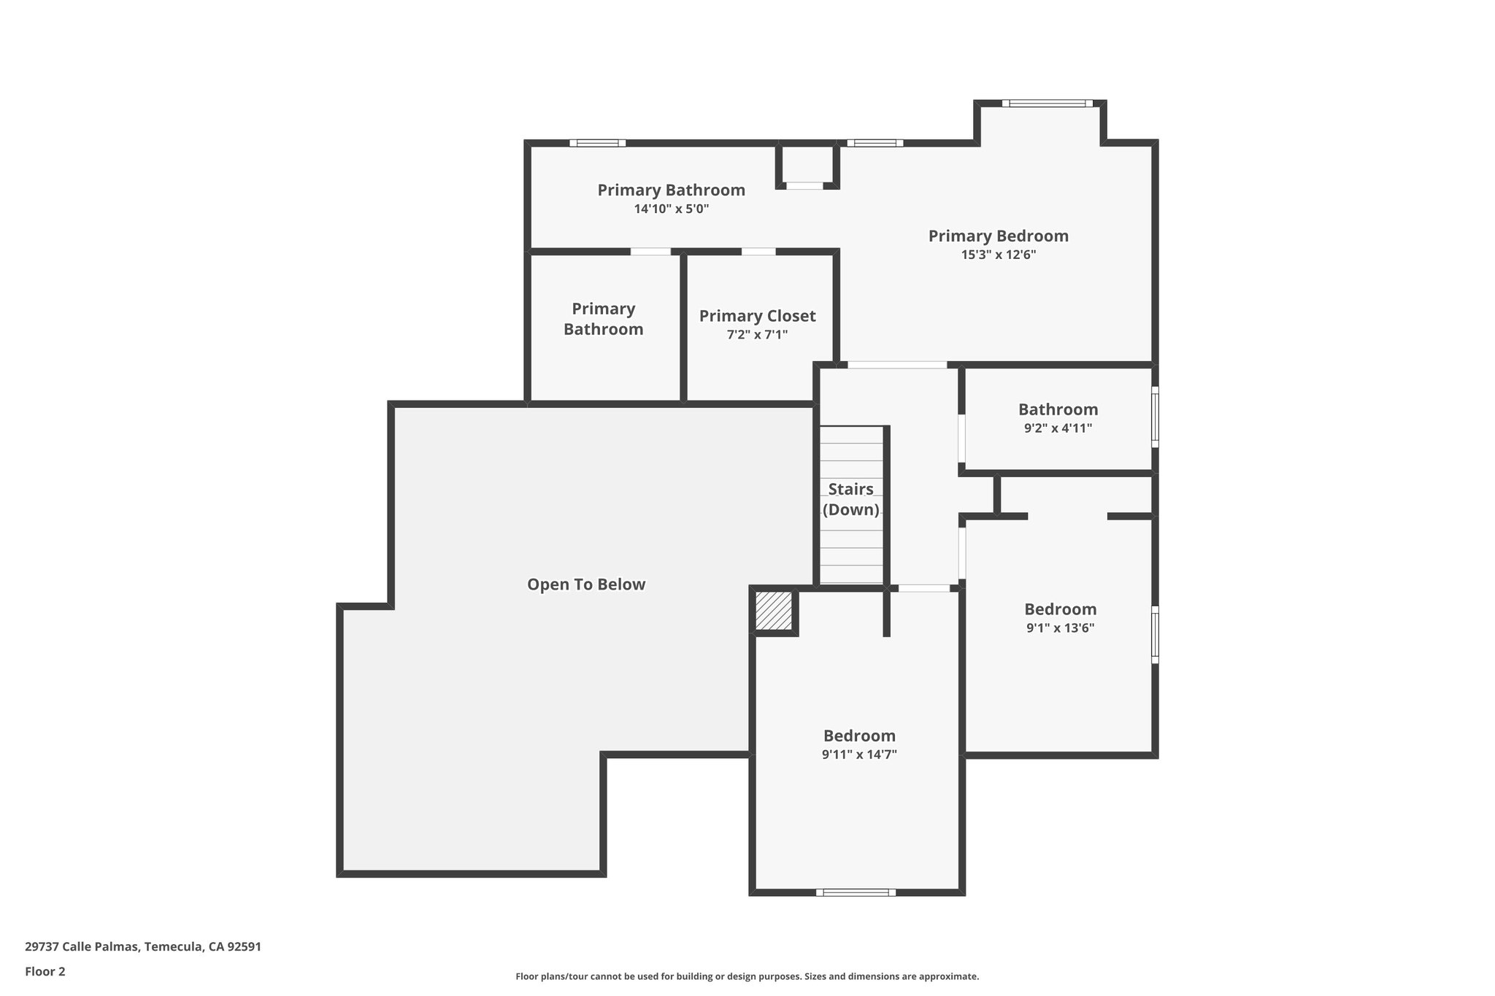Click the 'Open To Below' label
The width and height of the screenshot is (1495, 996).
click(586, 584)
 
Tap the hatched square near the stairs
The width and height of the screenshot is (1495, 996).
click(773, 611)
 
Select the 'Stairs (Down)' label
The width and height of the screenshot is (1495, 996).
click(850, 499)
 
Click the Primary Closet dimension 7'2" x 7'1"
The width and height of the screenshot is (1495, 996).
click(757, 335)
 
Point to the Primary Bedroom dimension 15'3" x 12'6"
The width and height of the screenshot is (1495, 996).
click(998, 255)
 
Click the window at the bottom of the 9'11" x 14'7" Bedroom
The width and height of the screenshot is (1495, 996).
click(856, 892)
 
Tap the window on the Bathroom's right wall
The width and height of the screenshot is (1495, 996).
click(1154, 417)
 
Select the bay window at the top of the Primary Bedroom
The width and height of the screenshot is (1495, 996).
click(1047, 104)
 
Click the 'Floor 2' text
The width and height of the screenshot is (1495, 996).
click(45, 971)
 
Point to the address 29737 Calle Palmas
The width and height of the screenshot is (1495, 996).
click(143, 946)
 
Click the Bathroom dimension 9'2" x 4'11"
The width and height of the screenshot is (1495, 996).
click(1058, 428)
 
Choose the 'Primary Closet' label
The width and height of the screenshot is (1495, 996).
click(757, 316)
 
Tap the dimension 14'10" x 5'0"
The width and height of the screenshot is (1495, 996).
click(671, 209)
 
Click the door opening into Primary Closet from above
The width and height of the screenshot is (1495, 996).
click(758, 252)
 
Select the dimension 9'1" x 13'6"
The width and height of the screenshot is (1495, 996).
click(1060, 628)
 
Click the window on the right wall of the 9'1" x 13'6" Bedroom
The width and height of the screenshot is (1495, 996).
click(1154, 634)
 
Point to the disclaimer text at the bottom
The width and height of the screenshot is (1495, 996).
click(747, 976)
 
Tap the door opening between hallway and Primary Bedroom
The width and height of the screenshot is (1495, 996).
click(896, 365)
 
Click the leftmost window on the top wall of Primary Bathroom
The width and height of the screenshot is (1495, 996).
click(597, 143)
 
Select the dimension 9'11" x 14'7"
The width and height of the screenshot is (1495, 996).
click(859, 754)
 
